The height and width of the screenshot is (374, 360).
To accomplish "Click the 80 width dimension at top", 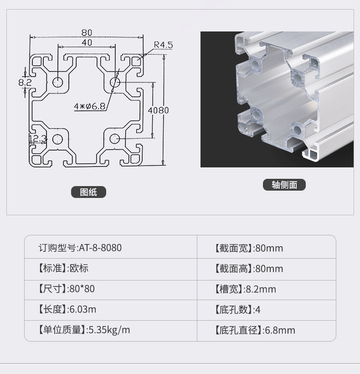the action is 87,32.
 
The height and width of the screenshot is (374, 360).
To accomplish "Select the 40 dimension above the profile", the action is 87,42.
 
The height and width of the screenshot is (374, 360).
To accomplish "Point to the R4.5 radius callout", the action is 163,45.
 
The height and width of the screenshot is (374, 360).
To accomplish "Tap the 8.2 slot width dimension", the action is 25,83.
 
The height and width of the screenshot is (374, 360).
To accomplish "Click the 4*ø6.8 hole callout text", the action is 90,106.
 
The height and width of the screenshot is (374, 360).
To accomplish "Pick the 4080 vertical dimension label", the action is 158,110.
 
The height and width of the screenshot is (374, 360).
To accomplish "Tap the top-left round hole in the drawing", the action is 58,82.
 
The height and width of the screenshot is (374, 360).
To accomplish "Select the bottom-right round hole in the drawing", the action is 114,139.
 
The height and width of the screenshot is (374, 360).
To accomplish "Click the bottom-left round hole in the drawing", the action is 57,139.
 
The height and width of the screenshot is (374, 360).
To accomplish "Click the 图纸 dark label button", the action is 88,192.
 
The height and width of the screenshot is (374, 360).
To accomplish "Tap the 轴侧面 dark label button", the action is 284,185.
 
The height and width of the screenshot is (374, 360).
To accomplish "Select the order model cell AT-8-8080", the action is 111,247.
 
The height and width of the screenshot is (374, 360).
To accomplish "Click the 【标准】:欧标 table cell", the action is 111,269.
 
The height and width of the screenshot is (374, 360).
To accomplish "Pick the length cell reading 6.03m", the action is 111,310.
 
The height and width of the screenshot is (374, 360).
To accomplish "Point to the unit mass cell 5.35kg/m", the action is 111,330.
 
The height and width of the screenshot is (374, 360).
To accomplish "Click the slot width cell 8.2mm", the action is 267,290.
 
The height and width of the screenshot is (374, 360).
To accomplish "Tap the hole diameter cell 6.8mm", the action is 267,330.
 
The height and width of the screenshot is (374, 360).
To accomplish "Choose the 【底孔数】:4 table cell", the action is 267,310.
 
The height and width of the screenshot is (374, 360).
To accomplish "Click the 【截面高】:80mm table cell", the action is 267,269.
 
